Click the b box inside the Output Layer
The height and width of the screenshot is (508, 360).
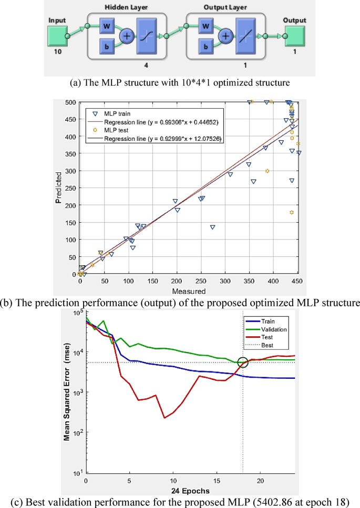point(206,47)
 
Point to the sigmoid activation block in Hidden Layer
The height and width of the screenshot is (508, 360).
point(151,36)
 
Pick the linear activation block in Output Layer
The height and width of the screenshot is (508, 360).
point(249,36)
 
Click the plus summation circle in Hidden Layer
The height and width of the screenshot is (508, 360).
point(127,36)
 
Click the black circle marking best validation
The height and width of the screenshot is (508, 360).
point(243,362)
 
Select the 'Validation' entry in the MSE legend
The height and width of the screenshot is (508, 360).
point(271,330)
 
